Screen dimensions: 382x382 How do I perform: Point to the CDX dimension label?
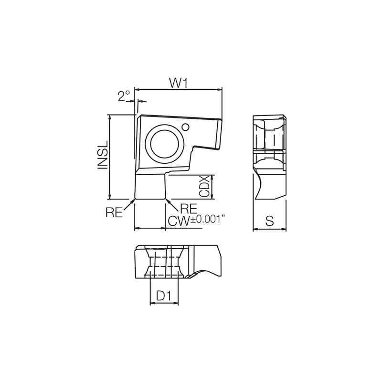point(204,187)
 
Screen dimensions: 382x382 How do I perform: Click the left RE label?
point(114,213)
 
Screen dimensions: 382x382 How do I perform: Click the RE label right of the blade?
point(189,208)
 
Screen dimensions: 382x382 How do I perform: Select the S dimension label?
point(269,221)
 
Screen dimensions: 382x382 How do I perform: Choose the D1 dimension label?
point(164,296)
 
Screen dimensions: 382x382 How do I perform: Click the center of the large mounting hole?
point(164,142)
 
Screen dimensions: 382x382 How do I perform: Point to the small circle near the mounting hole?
point(186,127)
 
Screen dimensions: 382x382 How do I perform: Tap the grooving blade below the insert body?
point(150,186)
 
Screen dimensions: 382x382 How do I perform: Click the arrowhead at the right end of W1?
point(220,89)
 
